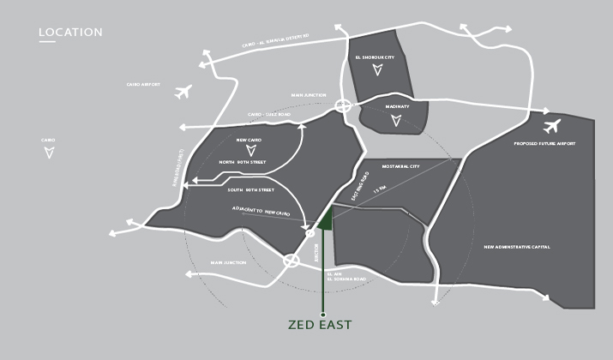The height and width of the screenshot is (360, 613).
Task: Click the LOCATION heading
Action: point(70,33)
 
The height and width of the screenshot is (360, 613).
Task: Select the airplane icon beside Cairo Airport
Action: point(182,92)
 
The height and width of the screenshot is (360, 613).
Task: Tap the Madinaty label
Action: point(397,106)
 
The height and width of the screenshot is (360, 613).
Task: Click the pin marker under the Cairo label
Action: point(49,153)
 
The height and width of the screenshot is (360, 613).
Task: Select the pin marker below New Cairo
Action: point(249,151)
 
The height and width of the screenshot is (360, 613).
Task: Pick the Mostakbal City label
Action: point(400,166)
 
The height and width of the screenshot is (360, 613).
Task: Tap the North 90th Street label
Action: point(242,162)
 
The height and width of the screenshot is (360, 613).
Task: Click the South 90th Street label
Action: point(250,189)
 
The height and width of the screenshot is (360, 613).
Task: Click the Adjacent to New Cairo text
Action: point(261,210)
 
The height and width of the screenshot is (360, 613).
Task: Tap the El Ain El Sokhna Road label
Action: point(340,277)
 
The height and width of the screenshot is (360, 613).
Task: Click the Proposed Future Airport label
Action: point(543,144)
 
